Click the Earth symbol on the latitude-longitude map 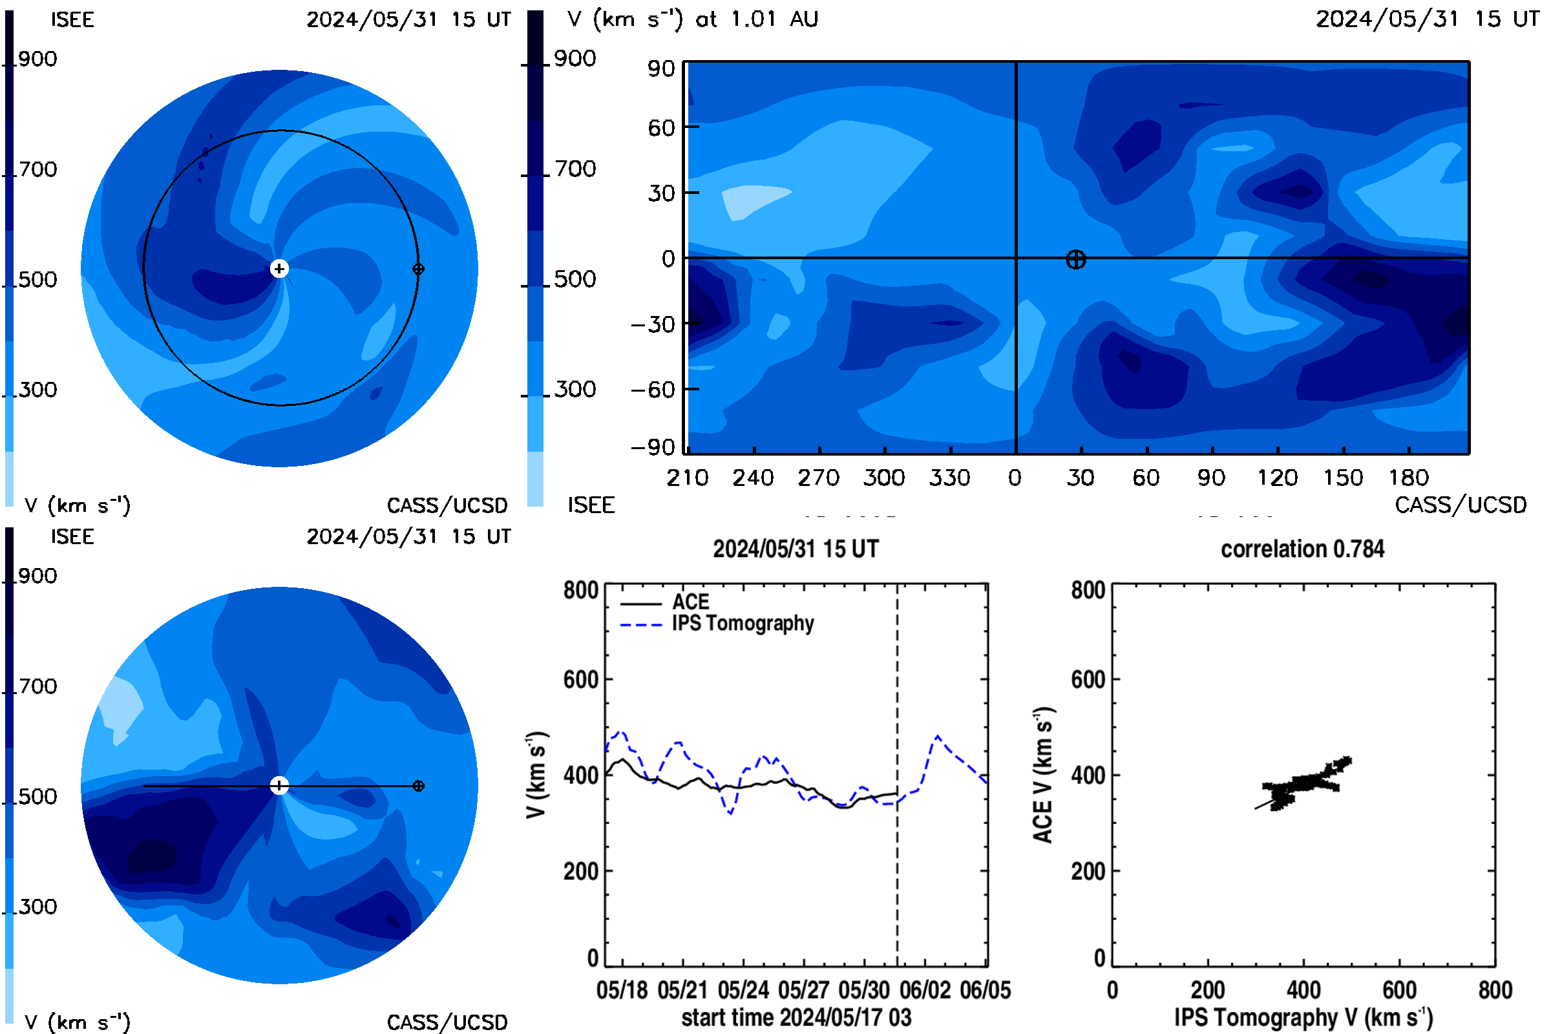click(1075, 260)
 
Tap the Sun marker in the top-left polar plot click(280, 269)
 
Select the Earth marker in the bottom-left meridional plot click(418, 786)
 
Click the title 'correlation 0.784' click(1302, 549)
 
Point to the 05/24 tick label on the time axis click(743, 990)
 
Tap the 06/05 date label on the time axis click(985, 990)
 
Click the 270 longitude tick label click(818, 478)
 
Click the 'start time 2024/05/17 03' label click(797, 1017)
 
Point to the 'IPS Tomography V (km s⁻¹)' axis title click(1303, 1017)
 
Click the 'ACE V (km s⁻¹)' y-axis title click(1043, 775)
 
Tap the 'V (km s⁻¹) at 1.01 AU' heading click(693, 19)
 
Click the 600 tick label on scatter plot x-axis click(1399, 990)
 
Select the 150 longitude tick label click(1343, 478)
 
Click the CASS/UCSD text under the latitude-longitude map click(1461, 505)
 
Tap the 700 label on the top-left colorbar click(38, 169)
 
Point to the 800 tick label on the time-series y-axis click(581, 589)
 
